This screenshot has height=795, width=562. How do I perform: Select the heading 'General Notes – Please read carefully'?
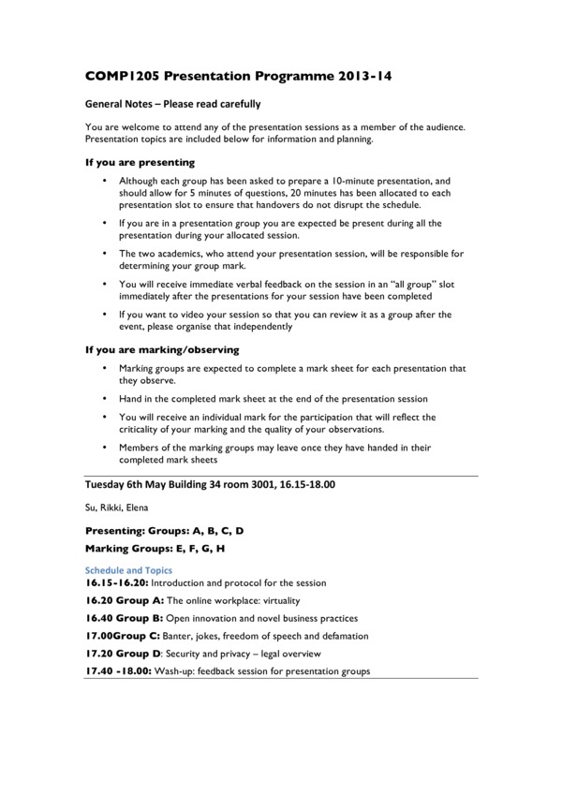(172, 104)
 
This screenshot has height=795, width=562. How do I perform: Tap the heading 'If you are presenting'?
(140, 162)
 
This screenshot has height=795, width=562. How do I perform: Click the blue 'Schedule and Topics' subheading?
(128, 569)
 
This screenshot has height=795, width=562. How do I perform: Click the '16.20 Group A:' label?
(125, 600)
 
